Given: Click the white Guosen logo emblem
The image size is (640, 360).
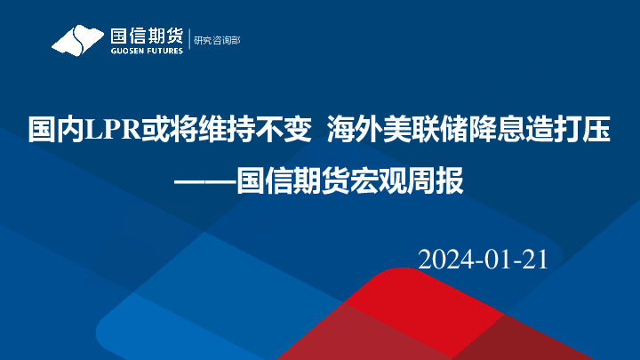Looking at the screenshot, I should click(x=76, y=39).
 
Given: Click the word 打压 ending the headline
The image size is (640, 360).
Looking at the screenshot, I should click(x=588, y=131).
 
